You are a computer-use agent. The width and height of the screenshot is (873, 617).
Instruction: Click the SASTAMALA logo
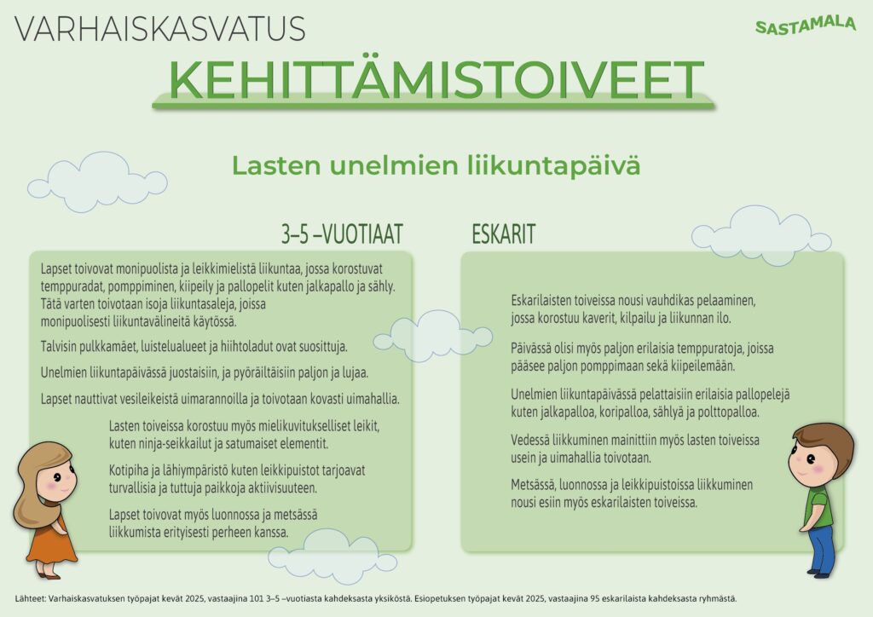click(805, 25)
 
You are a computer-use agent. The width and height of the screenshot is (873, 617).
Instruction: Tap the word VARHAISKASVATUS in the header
click(159, 29)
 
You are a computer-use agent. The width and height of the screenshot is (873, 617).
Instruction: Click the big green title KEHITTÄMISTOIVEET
click(436, 78)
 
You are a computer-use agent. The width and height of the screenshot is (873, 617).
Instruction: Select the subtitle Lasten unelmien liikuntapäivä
click(436, 166)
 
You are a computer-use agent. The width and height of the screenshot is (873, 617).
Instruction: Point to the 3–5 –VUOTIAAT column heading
click(342, 234)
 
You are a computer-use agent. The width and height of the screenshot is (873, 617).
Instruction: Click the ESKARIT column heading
click(503, 234)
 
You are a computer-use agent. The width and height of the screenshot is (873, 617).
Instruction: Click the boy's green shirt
click(818, 507)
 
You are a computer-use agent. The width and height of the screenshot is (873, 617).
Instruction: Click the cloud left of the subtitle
click(97, 182)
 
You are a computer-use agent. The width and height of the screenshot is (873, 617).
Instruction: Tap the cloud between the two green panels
click(432, 336)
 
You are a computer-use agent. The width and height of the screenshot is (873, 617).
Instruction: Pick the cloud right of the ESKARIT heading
click(760, 234)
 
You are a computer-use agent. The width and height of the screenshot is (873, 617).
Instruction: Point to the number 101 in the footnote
click(256, 599)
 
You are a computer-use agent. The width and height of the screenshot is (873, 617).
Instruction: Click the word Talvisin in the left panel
click(59, 347)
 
